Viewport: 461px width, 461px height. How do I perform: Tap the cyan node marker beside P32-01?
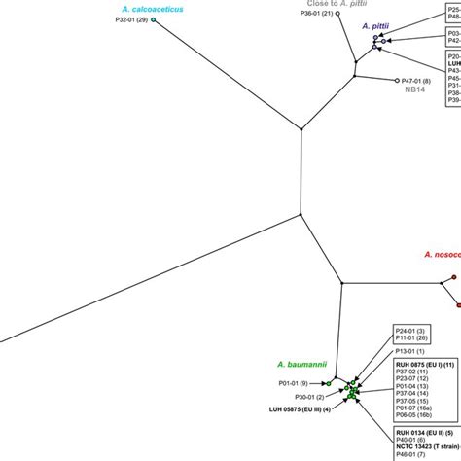[154, 19]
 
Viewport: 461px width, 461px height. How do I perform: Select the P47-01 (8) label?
[415, 81]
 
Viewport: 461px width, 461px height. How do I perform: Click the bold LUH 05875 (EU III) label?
[300, 408]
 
